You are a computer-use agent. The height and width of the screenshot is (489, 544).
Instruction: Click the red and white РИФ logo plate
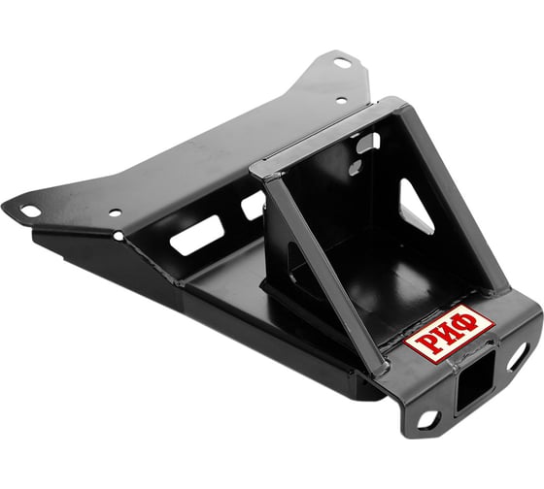449,334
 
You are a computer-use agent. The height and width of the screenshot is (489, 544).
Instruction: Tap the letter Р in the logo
427,344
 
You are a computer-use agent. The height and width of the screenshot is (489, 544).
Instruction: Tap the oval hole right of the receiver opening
517,358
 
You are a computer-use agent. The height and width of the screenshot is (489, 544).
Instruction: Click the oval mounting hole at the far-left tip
30,211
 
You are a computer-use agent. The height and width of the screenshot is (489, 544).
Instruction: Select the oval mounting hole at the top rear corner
343,63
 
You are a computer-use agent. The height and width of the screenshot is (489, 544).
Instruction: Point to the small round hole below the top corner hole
342,101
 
